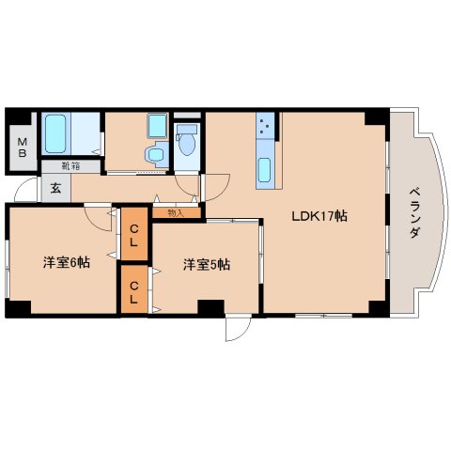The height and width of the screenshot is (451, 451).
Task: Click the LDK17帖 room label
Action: click(x=319, y=216)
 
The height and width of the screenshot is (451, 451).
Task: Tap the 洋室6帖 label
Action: click(x=67, y=262)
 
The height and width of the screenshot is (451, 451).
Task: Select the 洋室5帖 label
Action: click(x=207, y=265)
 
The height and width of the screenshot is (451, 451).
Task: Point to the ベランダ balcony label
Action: click(x=414, y=212)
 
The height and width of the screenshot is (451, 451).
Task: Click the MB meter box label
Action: click(x=22, y=148)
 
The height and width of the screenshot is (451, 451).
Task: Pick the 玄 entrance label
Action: click(x=55, y=188)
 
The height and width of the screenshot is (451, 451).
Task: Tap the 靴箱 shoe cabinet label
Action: click(x=70, y=166)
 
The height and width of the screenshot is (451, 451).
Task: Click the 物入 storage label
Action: click(x=176, y=213)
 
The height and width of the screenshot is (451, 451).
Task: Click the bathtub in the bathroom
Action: click(x=55, y=133)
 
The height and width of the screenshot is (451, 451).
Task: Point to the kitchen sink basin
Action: click(x=265, y=170)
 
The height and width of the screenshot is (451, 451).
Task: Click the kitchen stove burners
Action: click(x=265, y=125)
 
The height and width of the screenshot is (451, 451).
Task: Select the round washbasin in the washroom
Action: click(x=156, y=154)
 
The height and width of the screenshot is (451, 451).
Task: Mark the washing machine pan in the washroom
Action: click(x=157, y=126)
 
